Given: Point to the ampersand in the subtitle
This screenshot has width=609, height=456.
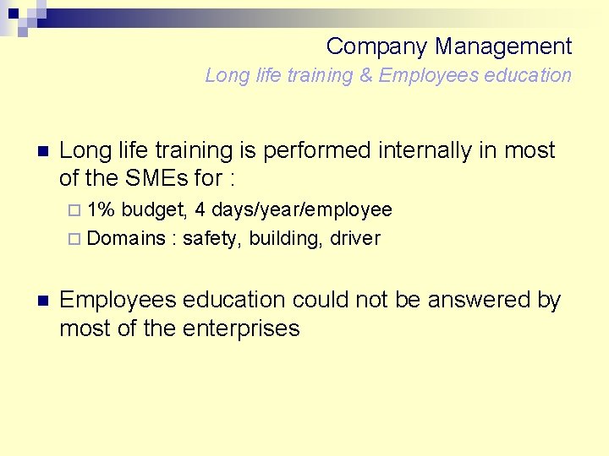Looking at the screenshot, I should (365, 75).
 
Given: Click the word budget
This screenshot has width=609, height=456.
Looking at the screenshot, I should (156, 209).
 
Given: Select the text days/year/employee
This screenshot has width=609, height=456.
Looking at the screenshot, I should (302, 209).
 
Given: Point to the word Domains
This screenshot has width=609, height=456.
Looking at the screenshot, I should (126, 238).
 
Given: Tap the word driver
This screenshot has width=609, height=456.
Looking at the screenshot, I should (355, 238).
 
